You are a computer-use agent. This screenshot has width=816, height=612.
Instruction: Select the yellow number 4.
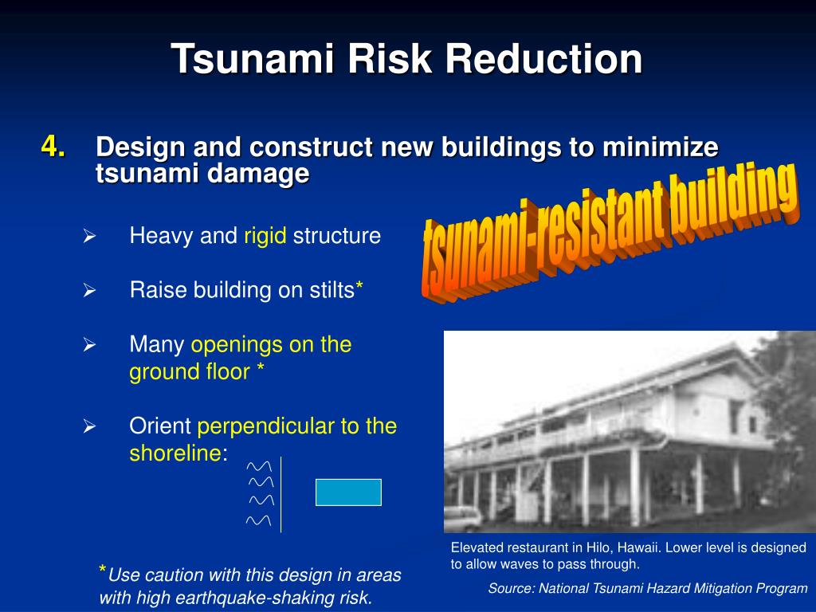click(54, 147)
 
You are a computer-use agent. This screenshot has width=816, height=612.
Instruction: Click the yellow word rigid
click(265, 236)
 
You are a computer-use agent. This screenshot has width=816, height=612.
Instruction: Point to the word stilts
click(328, 290)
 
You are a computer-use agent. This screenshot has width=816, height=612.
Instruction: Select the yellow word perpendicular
click(266, 426)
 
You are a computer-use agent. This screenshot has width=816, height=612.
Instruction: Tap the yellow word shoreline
click(175, 453)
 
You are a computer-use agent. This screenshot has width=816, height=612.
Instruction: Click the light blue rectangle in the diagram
click(348, 492)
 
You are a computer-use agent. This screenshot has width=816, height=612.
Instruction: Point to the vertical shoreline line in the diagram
click(281, 494)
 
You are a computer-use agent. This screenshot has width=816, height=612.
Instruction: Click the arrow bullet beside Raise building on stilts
click(89, 291)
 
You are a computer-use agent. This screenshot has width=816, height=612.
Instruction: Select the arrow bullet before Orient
click(89, 427)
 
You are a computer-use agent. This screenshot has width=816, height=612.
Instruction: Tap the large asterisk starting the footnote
click(103, 571)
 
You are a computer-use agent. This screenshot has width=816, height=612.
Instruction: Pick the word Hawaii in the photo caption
click(634, 547)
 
